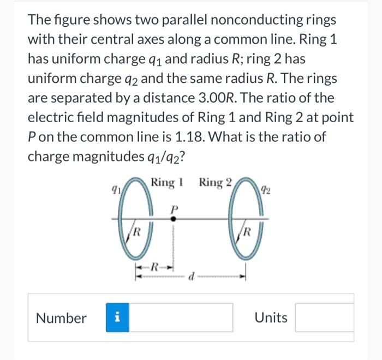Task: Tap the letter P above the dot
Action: (x=174, y=207)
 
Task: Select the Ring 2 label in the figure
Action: (x=216, y=182)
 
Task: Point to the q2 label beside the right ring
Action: (x=264, y=190)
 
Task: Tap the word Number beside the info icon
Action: (x=61, y=317)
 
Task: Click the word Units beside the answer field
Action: (x=271, y=317)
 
